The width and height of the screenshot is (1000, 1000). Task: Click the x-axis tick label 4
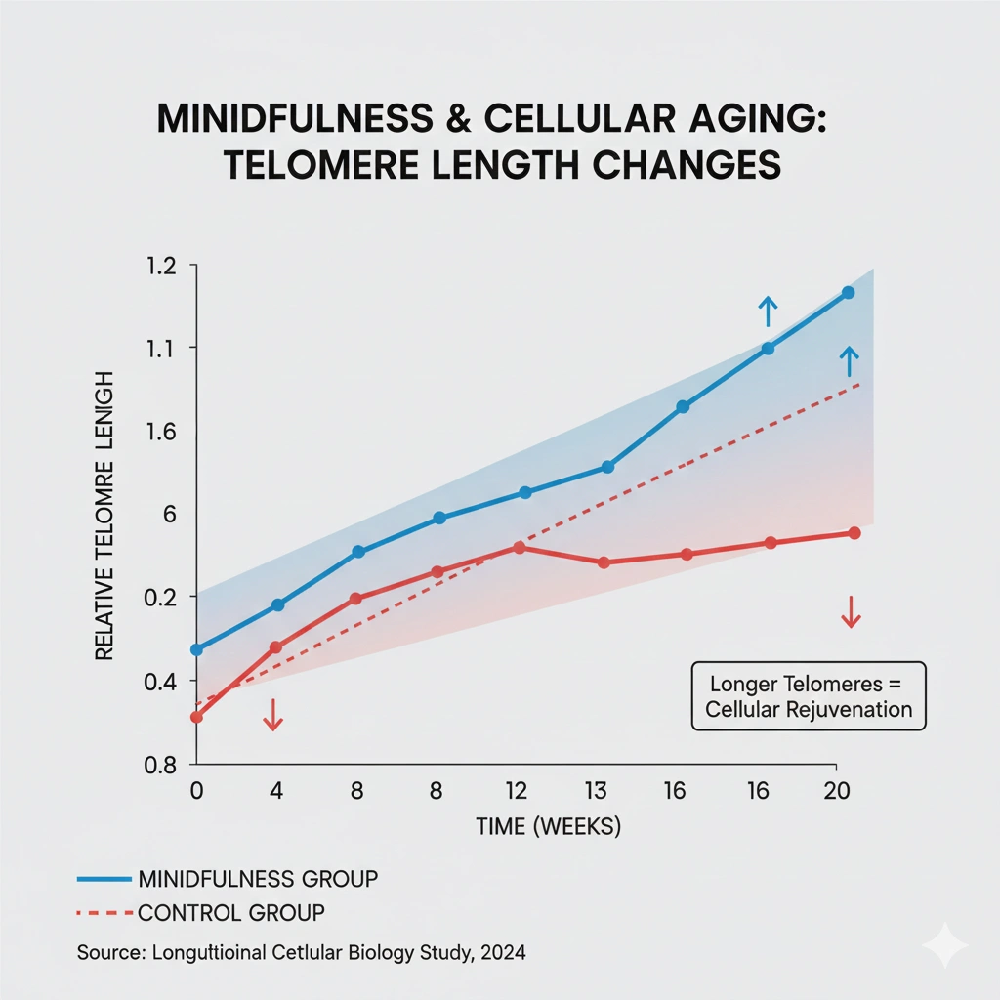(x=275, y=791)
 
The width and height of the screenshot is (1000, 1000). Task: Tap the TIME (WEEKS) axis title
(x=548, y=827)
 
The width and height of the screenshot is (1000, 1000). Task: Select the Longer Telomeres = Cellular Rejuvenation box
(x=808, y=696)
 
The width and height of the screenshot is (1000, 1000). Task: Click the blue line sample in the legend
(x=103, y=879)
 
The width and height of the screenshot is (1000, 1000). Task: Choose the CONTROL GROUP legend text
(x=231, y=913)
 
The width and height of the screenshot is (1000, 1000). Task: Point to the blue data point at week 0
(x=196, y=649)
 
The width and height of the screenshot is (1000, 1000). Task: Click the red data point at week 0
(x=196, y=717)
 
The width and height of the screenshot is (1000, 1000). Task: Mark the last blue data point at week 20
(x=848, y=293)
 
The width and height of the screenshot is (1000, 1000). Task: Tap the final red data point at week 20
(x=854, y=533)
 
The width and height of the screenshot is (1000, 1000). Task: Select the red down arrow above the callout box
(x=851, y=611)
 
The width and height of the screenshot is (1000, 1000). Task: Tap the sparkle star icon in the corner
(x=945, y=945)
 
